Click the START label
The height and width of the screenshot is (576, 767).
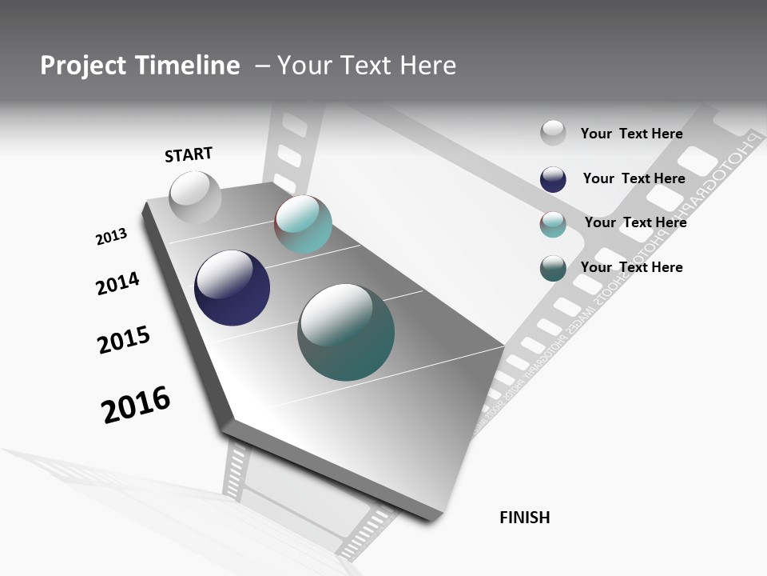click(189, 154)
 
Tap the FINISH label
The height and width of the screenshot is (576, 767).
click(525, 518)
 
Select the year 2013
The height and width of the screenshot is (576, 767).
click(111, 237)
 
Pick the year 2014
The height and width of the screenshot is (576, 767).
click(117, 283)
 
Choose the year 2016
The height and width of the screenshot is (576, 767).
click(136, 405)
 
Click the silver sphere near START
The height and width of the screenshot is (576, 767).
click(195, 198)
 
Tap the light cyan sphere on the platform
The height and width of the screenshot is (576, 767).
click(303, 224)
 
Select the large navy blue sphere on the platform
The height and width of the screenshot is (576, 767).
click(232, 288)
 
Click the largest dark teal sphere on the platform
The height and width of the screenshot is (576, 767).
click(346, 332)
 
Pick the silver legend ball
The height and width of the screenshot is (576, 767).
click(553, 133)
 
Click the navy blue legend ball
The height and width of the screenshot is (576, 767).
click(553, 179)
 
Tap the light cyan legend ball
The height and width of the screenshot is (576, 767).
click(553, 224)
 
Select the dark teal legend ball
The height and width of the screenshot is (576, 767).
click(553, 268)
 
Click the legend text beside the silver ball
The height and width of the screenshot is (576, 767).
click(631, 134)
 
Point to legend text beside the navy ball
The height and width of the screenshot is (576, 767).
click(634, 178)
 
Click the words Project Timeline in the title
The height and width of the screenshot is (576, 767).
click(140, 66)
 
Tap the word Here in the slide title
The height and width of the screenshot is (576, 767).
click(427, 66)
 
